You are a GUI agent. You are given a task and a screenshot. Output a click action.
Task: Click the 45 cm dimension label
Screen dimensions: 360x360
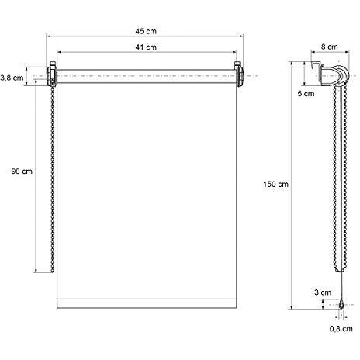pyautogui.click(x=146, y=31)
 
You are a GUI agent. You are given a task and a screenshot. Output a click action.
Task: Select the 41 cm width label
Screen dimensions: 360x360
pyautogui.click(x=146, y=47)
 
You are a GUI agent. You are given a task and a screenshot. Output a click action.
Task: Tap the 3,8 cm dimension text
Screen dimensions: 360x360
pyautogui.click(x=12, y=78)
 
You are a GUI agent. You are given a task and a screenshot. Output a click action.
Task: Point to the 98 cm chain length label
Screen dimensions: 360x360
pyautogui.click(x=22, y=171)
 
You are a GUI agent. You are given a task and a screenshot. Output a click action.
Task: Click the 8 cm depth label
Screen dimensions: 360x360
pyautogui.click(x=330, y=47)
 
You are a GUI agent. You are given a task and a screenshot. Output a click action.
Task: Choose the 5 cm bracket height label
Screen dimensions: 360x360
pyautogui.click(x=306, y=94)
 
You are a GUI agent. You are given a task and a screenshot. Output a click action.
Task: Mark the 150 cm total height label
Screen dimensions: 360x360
pyautogui.click(x=275, y=185)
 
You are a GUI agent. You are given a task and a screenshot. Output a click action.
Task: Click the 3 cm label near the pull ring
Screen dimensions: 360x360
pyautogui.click(x=323, y=292)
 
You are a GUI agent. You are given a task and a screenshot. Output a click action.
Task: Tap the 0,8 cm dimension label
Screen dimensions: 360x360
pyautogui.click(x=341, y=329)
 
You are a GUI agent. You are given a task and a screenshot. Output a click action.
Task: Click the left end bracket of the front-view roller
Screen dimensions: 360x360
pyautogui.click(x=52, y=74)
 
